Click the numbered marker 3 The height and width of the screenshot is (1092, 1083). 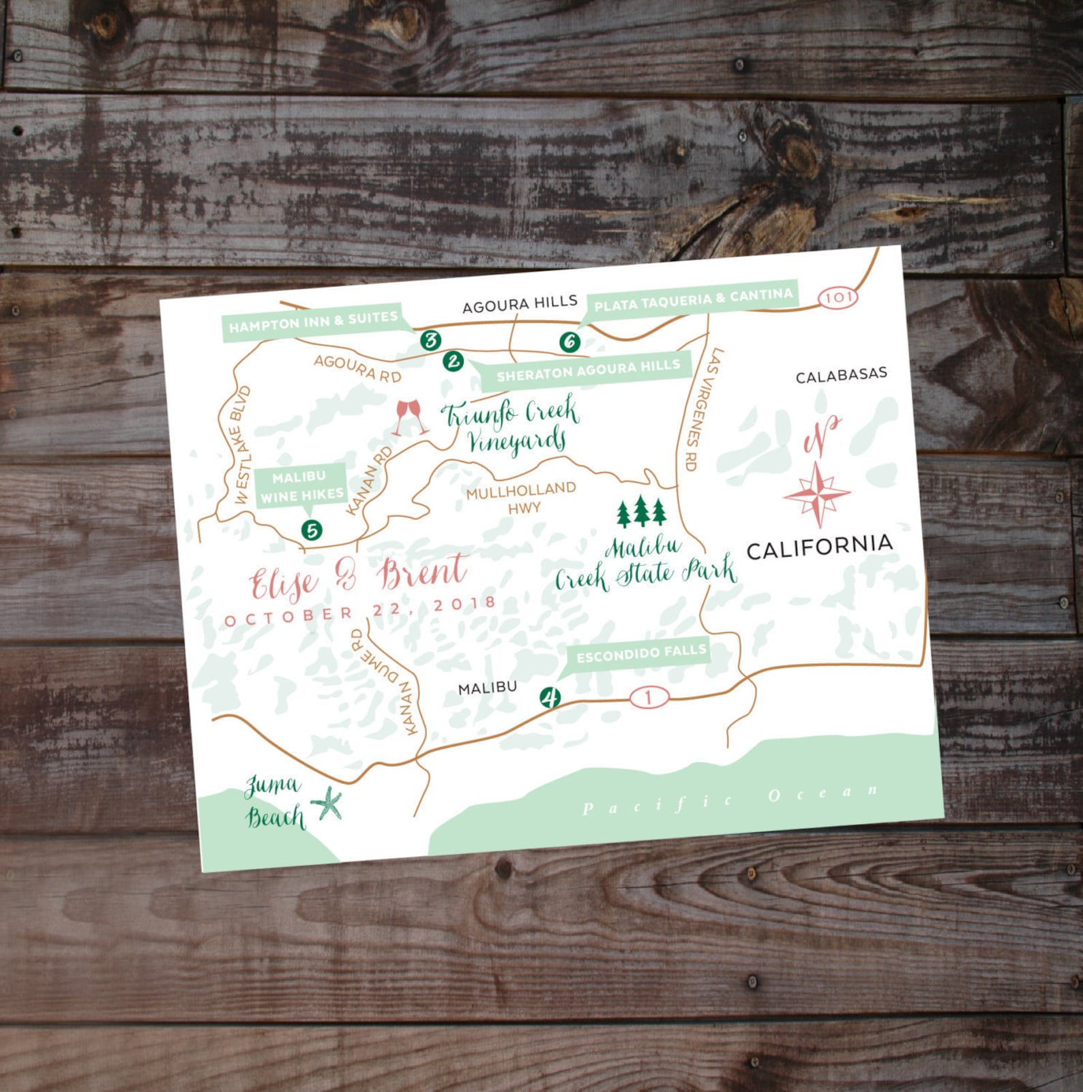click(430, 339)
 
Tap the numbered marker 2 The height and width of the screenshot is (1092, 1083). click(453, 361)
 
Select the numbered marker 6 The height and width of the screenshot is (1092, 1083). click(570, 341)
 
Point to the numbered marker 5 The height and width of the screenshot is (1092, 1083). click(312, 530)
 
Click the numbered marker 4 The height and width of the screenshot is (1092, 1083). click(550, 697)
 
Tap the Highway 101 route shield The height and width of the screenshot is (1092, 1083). click(837, 297)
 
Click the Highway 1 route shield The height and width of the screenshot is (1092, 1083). click(649, 697)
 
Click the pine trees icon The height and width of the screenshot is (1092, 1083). click(641, 511)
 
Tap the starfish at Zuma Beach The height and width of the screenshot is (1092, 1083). click(328, 804)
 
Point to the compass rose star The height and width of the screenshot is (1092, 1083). click(817, 494)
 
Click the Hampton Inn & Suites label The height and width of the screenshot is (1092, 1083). click(313, 322)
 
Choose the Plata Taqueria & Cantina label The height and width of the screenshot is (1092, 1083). click(693, 300)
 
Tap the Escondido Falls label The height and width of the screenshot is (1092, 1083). click(641, 654)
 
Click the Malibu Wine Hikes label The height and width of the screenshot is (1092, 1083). click(301, 486)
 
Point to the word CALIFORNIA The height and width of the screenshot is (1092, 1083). click(820, 547)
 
